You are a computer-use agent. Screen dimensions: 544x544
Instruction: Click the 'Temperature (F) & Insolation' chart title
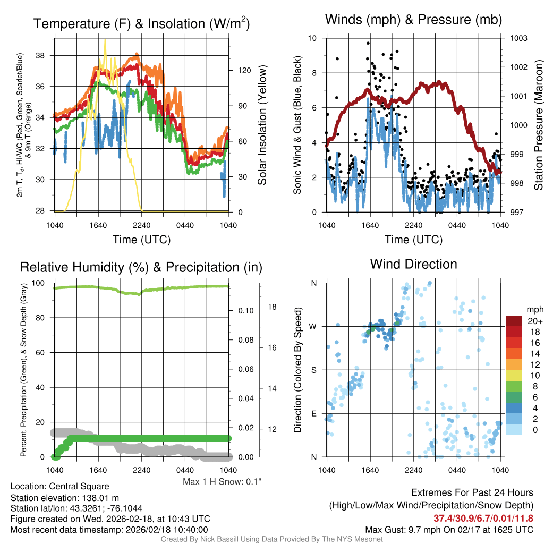click(x=141, y=24)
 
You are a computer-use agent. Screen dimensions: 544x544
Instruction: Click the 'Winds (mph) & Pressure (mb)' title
click(x=414, y=20)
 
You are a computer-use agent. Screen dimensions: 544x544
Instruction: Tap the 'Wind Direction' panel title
click(x=413, y=264)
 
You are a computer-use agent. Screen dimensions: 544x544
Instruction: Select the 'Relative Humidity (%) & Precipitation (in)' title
click(x=141, y=267)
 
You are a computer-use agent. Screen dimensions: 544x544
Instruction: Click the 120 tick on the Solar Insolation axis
click(x=240, y=70)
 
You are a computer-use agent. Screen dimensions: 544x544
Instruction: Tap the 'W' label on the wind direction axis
click(x=313, y=326)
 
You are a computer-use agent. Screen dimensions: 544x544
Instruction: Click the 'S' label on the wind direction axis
click(x=314, y=370)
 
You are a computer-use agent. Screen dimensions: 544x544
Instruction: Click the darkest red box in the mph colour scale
click(x=514, y=321)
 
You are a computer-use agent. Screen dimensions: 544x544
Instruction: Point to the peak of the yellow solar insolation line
click(x=105, y=39)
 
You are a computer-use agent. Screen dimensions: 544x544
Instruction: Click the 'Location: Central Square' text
click(x=59, y=486)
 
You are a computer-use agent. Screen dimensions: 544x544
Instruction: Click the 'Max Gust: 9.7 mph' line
click(x=449, y=530)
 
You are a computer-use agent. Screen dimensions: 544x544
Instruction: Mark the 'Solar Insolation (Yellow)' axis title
click(x=262, y=125)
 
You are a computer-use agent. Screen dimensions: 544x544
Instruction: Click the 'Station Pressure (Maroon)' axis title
click(x=538, y=125)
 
